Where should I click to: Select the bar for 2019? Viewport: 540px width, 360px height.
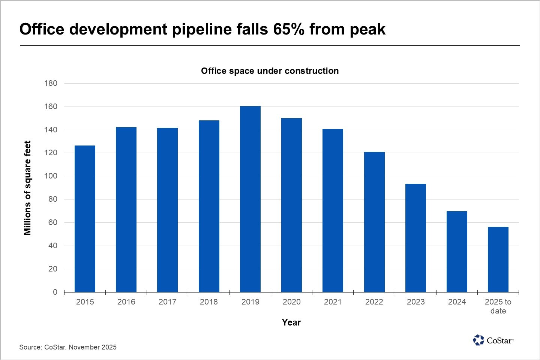[x=250, y=199]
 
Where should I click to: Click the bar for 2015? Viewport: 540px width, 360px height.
[x=85, y=219]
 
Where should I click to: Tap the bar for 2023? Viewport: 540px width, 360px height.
[x=415, y=238]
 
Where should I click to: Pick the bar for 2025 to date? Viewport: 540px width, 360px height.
[x=498, y=259]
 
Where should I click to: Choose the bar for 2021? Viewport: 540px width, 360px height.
[x=333, y=210]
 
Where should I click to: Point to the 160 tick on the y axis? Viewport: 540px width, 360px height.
[x=51, y=106]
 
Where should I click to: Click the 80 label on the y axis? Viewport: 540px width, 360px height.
[x=53, y=199]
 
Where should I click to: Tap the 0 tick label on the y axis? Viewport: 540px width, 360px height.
[x=55, y=292]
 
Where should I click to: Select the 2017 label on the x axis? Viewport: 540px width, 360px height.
[x=167, y=302]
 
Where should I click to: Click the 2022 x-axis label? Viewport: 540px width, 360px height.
[x=374, y=302]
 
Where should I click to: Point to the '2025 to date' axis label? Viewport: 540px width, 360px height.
[x=498, y=306]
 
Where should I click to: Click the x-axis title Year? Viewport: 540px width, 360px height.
[x=291, y=322]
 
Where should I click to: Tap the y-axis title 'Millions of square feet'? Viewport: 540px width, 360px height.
[x=27, y=188]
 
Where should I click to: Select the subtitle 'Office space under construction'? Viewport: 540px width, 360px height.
[x=270, y=71]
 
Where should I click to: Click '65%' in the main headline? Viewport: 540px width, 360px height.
[x=288, y=29]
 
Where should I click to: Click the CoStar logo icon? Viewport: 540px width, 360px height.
[x=478, y=340]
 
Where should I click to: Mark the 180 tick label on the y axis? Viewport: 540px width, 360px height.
[x=51, y=83]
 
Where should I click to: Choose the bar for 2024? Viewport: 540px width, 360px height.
[x=457, y=252]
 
